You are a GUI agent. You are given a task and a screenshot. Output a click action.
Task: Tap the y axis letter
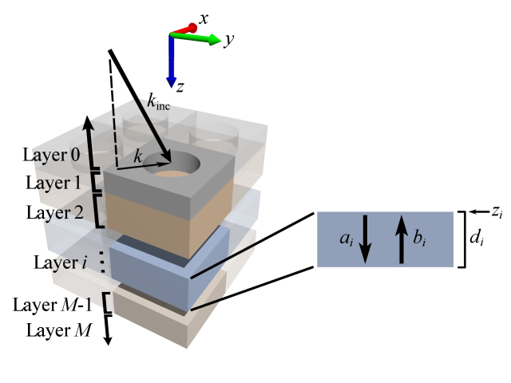point(228,39)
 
